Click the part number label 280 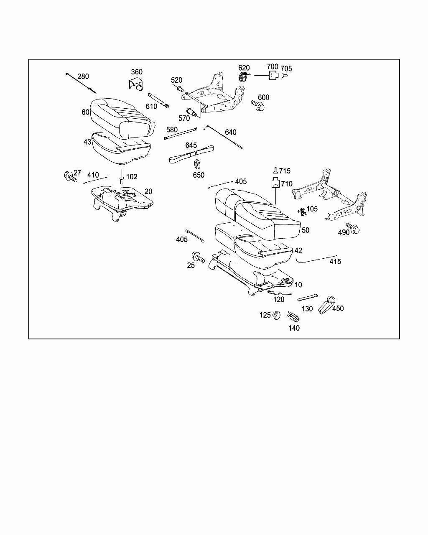[83, 76]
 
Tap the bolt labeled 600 [258, 106]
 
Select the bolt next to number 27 [70, 176]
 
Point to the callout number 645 [191, 145]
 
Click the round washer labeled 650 [197, 164]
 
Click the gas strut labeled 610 [158, 100]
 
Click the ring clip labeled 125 [276, 315]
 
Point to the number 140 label [294, 328]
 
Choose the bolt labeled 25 [198, 257]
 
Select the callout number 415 [335, 262]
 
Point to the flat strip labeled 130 [307, 297]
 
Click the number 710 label [287, 184]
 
